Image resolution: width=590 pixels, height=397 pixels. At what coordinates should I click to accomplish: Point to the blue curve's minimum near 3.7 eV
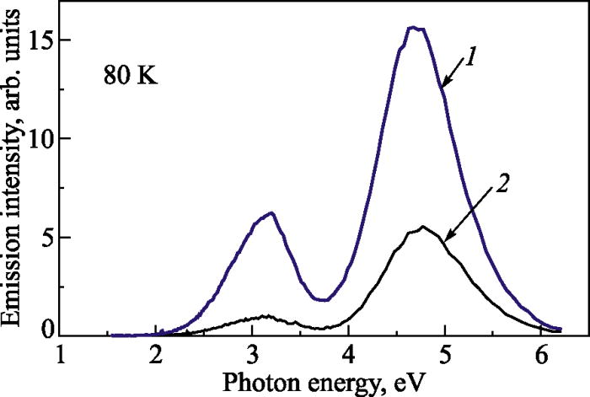(x=323, y=299)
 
